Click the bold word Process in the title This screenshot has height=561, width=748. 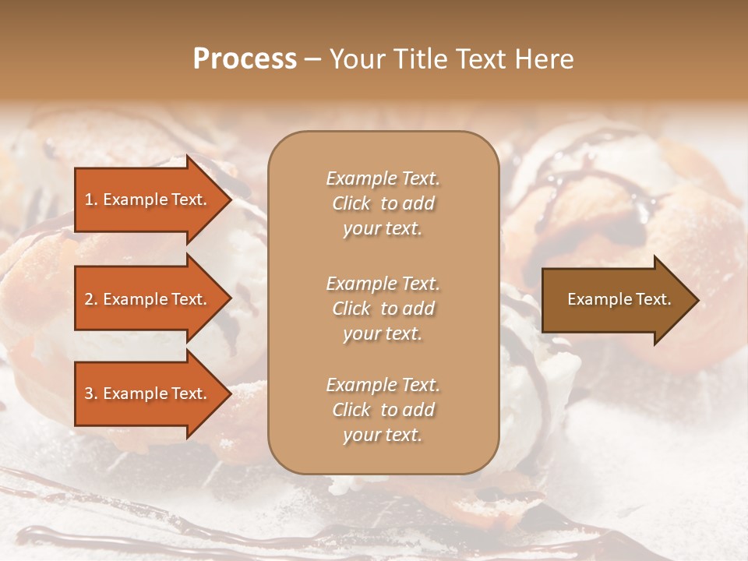(x=245, y=59)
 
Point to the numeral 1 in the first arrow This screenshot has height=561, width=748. (x=89, y=199)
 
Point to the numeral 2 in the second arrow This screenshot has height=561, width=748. (x=89, y=299)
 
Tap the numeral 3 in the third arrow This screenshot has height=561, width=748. (x=89, y=393)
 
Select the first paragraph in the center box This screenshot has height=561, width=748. (x=383, y=203)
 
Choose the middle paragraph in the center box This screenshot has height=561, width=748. (x=383, y=309)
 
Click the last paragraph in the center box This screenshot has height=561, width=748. (x=383, y=410)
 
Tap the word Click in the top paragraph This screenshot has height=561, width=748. (x=351, y=203)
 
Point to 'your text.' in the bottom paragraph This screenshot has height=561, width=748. (x=383, y=435)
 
